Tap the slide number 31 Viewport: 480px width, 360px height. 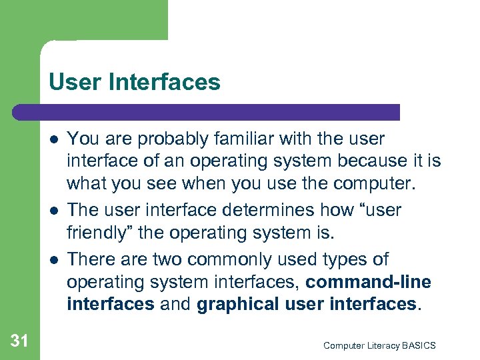tap(19, 341)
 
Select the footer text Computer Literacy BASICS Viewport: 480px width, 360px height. tap(379, 345)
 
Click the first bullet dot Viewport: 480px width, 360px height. tap(54, 139)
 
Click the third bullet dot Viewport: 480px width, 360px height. tap(54, 259)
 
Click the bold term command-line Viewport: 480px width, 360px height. tap(368, 283)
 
